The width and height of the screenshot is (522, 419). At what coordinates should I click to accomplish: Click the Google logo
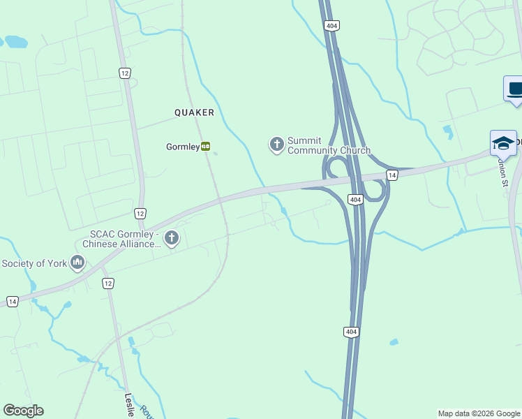pos(23,411)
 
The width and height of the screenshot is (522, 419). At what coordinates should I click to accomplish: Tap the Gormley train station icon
pos(206,147)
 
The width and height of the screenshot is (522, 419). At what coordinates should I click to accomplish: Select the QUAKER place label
pos(194,112)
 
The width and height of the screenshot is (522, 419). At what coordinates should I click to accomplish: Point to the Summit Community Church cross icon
pos(276,145)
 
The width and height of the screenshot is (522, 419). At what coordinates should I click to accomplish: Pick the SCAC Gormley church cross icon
pos(171,239)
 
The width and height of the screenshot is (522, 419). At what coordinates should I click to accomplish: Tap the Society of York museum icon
pos(77,263)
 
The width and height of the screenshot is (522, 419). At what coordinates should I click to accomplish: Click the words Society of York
pos(33,263)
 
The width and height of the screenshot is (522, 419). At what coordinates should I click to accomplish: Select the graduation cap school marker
pos(502,142)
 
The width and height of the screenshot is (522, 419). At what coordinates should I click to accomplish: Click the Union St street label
pos(502,171)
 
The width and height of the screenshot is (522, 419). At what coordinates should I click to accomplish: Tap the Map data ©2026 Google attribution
pos(479,413)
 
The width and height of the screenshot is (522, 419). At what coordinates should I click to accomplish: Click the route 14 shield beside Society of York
pos(13,301)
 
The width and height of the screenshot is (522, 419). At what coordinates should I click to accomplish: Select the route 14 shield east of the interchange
pos(392,175)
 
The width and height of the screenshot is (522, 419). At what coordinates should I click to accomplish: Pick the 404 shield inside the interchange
pos(355,200)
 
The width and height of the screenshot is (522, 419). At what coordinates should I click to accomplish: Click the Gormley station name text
pos(182,147)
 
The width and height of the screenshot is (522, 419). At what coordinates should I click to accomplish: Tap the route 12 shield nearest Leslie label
pos(107,283)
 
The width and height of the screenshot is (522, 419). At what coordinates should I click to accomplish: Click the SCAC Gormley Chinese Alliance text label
pos(122,239)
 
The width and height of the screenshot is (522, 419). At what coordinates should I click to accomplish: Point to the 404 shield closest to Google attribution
pos(352,332)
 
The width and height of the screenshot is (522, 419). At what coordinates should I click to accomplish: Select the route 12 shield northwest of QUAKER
pos(125,73)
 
